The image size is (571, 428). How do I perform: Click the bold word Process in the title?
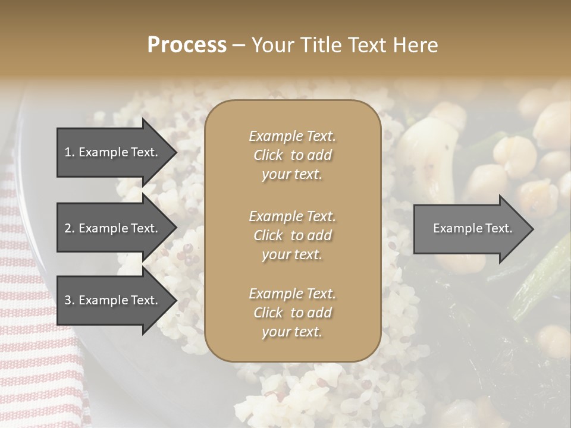187,45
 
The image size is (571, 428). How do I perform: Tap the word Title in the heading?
322,45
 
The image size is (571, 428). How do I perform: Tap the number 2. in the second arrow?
70,228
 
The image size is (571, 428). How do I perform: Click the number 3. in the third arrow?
70,300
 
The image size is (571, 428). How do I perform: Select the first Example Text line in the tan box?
292,136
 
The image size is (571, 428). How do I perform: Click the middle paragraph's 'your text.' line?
292,254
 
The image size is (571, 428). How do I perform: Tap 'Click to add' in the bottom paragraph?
292,313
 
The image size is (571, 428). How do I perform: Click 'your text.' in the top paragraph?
292,175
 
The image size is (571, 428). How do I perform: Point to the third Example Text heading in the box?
292,294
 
